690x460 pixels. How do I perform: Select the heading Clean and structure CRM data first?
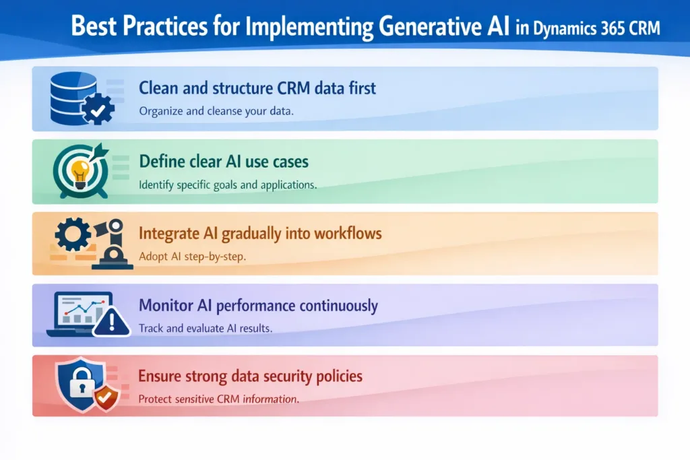[257, 88]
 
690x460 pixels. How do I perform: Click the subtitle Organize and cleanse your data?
[216, 111]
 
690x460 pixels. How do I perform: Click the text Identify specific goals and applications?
[227, 184]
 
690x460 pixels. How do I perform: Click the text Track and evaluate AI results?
[205, 328]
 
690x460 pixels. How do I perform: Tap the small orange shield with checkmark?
[104, 398]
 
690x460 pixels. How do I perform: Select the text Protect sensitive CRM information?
[218, 399]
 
